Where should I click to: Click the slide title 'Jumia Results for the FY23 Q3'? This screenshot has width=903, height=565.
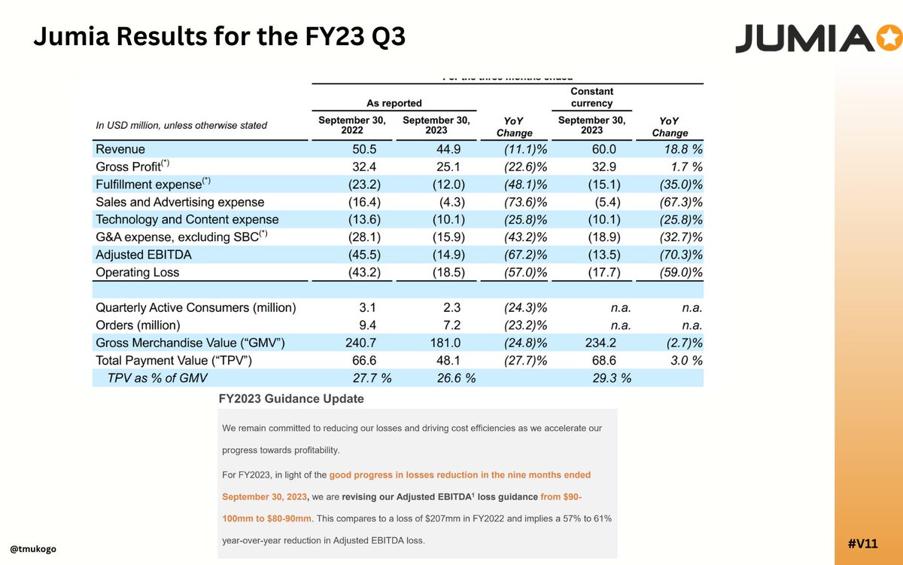[219, 36]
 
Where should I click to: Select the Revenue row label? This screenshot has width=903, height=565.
[120, 149]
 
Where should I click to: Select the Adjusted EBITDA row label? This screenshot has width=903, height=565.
[144, 255]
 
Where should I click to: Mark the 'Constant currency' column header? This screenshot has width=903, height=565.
[591, 97]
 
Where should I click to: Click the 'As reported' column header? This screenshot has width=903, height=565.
[394, 102]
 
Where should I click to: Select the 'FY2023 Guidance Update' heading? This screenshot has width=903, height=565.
[290, 399]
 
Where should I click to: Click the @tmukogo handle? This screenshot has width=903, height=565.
[33, 548]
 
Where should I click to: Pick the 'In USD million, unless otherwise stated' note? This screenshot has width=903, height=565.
[181, 125]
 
